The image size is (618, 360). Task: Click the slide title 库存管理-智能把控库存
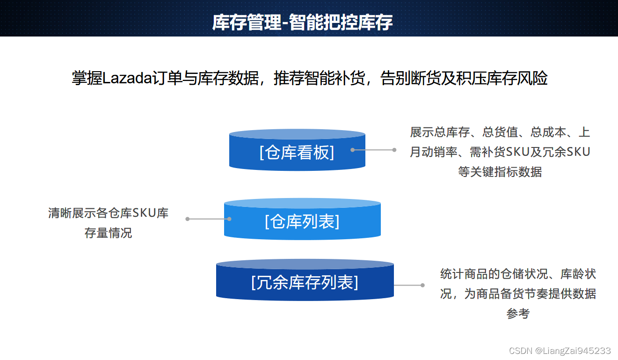[302, 22]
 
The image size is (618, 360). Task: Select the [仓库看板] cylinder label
[297, 152]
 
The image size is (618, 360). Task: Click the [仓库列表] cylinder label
[302, 221]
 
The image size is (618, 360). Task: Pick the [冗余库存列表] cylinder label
[305, 282]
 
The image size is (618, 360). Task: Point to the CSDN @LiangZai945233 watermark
[560, 351]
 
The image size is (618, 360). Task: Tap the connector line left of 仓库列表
[208, 219]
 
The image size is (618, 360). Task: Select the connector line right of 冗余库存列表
[408, 285]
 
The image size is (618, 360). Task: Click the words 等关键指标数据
[500, 172]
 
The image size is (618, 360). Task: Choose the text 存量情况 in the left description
[108, 233]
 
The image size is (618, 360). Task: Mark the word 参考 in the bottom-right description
[518, 314]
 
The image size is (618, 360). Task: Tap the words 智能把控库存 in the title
[341, 22]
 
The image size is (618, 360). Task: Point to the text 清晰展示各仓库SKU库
[108, 213]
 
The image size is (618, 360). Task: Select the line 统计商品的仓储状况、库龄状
[518, 274]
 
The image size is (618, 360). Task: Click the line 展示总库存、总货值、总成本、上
[500, 132]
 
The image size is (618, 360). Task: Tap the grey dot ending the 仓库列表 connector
[188, 219]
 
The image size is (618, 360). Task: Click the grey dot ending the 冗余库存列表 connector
[422, 285]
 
